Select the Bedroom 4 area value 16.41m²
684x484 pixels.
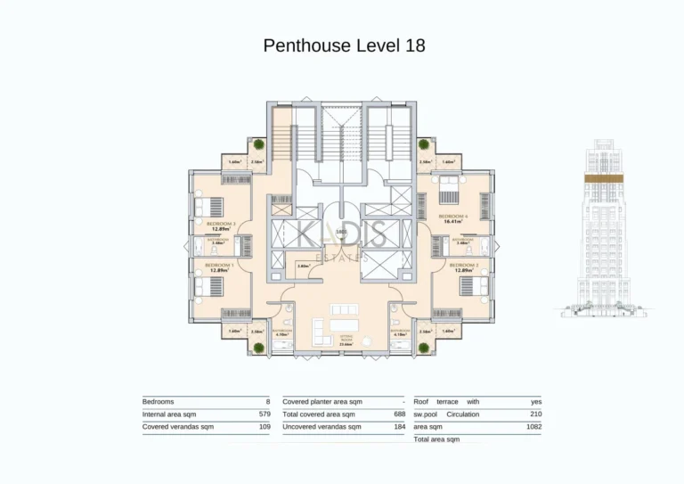click(x=454, y=221)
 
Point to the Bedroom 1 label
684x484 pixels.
click(x=218, y=266)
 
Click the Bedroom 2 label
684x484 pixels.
click(x=463, y=266)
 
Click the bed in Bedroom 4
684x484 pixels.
click(x=448, y=187)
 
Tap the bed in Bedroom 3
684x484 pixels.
click(x=204, y=207)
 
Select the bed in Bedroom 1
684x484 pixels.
click(x=205, y=285)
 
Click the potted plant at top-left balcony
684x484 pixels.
click(x=258, y=144)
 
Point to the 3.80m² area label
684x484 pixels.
click(x=303, y=266)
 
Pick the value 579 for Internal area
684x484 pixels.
click(x=264, y=414)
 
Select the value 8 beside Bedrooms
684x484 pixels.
click(x=267, y=402)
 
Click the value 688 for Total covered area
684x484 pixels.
click(x=399, y=414)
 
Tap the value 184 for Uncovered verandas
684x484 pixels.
click(x=399, y=427)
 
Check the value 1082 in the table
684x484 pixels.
click(x=533, y=427)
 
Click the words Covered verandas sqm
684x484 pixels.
click(x=172, y=427)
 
